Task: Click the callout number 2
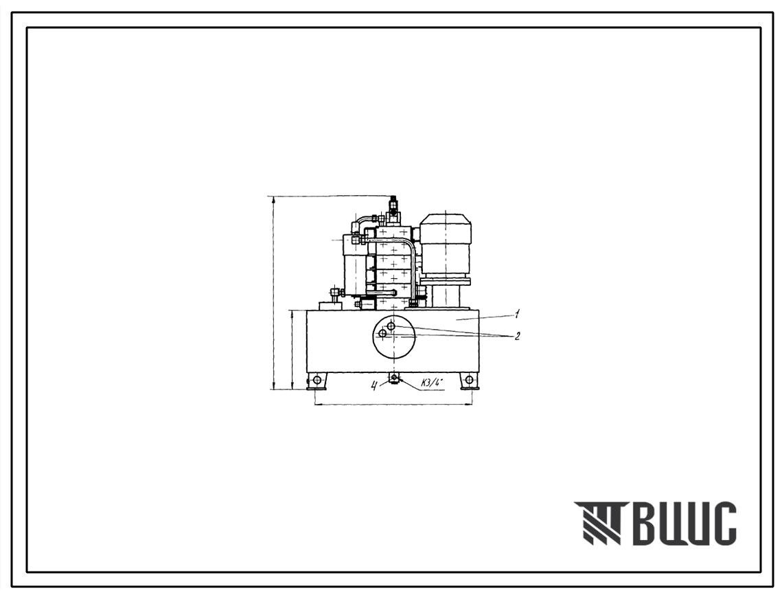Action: coord(517,336)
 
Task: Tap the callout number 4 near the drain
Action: coord(373,384)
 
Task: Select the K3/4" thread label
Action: coord(432,383)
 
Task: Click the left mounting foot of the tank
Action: coord(317,381)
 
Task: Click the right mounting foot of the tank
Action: coord(468,381)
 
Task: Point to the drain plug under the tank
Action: coord(394,377)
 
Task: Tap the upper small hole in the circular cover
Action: coord(391,326)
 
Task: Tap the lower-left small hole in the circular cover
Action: coord(382,333)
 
